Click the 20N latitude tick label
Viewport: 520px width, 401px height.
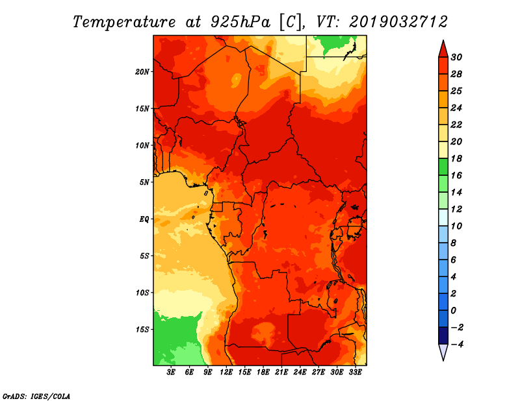(142, 71)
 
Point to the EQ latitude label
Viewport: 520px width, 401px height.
(144, 219)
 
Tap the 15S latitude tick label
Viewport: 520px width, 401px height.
(142, 329)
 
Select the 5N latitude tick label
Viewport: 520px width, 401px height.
(144, 182)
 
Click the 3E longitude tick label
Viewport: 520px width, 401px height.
(172, 372)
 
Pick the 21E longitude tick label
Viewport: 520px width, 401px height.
(281, 372)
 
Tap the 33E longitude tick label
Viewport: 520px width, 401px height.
(355, 372)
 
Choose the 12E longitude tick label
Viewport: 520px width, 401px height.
(226, 372)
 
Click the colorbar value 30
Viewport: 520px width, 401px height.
(456, 57)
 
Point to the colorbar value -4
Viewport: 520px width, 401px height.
(456, 344)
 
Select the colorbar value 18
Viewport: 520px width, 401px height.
(456, 158)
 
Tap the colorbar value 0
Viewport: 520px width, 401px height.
(455, 310)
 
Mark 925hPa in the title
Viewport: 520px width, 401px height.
(239, 21)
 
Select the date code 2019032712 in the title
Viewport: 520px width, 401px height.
(398, 21)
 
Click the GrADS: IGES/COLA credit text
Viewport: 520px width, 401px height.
(36, 395)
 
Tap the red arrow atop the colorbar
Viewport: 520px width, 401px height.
(443, 49)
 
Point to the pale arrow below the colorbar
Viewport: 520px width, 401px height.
(443, 352)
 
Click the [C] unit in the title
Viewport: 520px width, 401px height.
(290, 21)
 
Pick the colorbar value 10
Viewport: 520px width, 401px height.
(456, 226)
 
